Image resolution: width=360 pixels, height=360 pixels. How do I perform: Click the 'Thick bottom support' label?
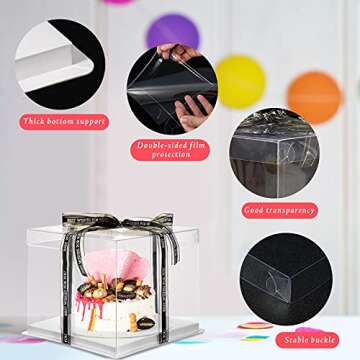point(63,121)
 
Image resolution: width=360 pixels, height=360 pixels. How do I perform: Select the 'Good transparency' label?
point(279,210)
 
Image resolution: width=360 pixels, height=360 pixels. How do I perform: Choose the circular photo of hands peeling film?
point(171,90)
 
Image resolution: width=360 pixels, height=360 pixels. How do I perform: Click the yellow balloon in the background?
point(240,80)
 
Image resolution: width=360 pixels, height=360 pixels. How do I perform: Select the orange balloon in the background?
point(314,97)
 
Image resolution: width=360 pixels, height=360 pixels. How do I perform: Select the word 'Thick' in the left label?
point(35,121)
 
